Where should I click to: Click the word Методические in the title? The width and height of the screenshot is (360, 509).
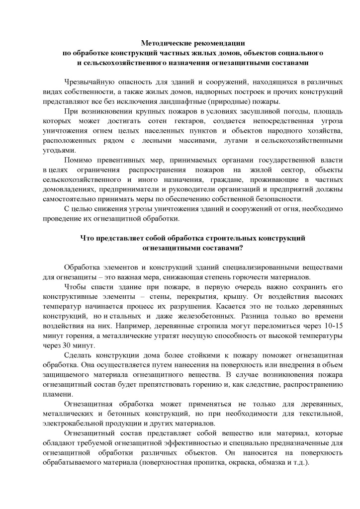pyautogui.click(x=164, y=44)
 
